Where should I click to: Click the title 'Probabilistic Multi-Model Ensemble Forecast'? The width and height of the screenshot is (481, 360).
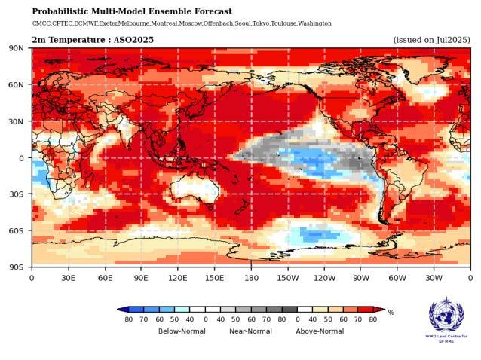click(x=132, y=11)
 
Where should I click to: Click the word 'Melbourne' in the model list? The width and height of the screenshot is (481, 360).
click(x=137, y=23)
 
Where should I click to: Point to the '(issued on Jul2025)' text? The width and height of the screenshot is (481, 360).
click(x=431, y=39)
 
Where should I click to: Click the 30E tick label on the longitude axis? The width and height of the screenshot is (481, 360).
click(x=68, y=277)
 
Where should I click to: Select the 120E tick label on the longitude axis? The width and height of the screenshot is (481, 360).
click(x=177, y=277)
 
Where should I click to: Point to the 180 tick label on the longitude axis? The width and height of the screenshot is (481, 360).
click(x=250, y=277)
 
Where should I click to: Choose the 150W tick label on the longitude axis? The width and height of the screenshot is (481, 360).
click(x=287, y=277)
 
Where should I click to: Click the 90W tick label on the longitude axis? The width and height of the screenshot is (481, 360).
click(x=360, y=277)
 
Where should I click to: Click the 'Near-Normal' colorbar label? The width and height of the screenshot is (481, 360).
click(x=250, y=331)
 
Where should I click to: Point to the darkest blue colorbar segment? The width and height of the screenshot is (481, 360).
click(x=135, y=310)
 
